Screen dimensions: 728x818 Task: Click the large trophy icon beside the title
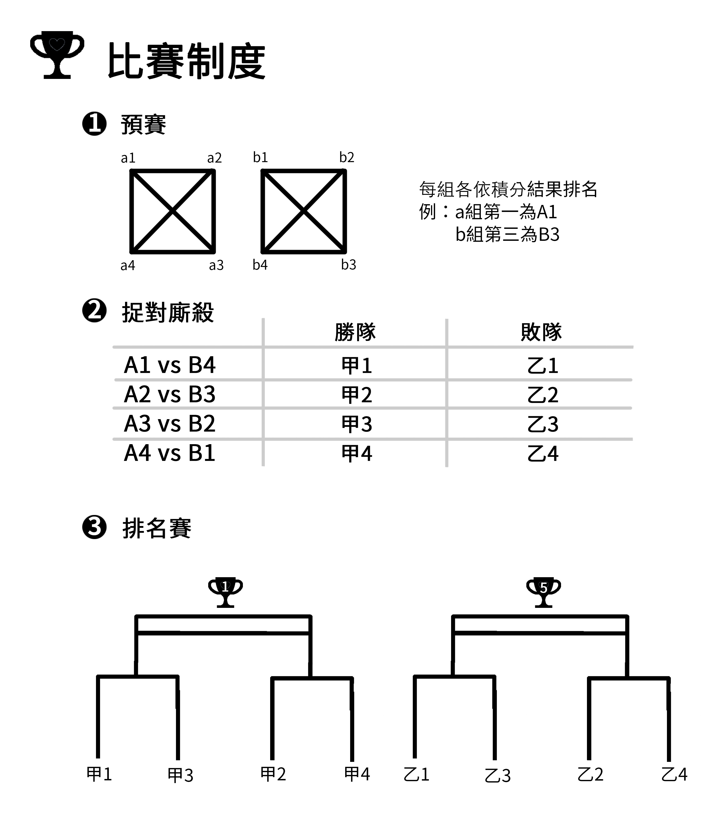tap(57, 55)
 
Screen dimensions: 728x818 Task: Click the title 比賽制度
tap(186, 61)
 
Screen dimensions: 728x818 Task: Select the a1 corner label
tap(128, 158)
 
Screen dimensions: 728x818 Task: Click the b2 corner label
tap(347, 157)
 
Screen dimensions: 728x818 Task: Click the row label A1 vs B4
tap(170, 365)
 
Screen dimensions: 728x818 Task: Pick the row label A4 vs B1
tap(170, 453)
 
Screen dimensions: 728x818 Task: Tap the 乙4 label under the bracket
tap(674, 774)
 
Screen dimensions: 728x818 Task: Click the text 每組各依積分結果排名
tap(508, 189)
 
